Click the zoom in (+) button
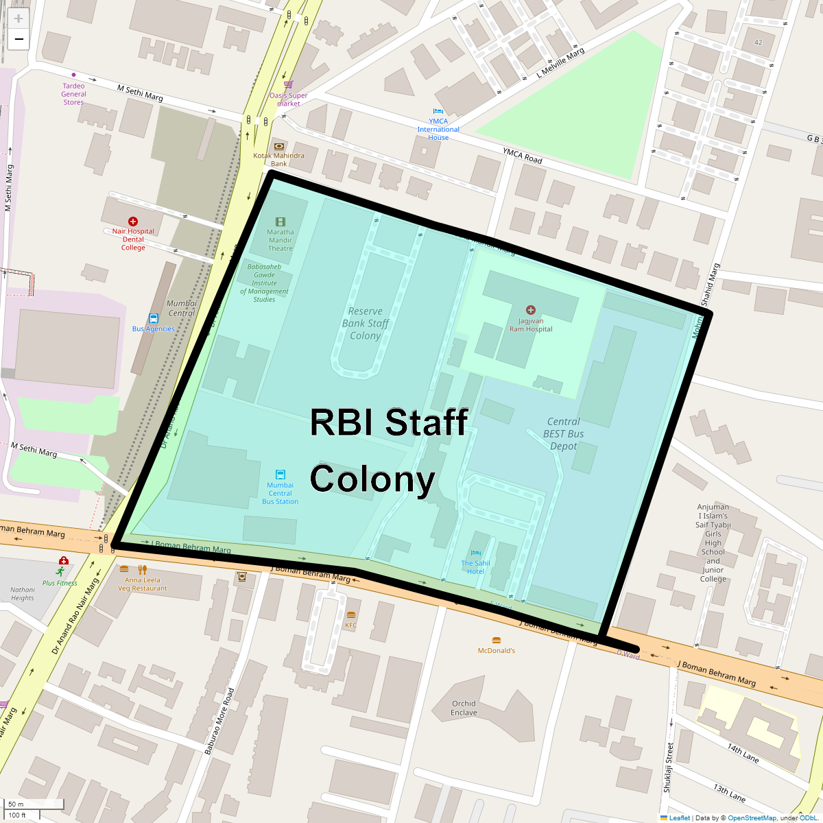tap(19, 19)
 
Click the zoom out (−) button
tap(19, 39)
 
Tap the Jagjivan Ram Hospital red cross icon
tap(530, 311)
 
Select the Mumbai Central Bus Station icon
tap(280, 475)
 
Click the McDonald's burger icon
tap(496, 641)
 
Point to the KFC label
tap(351, 625)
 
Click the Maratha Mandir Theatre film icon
tap(280, 222)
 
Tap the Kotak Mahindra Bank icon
tap(278, 146)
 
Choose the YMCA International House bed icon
tap(438, 111)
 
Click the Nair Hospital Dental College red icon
tap(133, 222)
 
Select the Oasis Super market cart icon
tap(288, 85)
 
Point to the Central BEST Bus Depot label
tap(564, 433)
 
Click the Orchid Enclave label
tap(464, 708)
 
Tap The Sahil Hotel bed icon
tap(476, 553)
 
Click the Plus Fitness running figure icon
tap(60, 571)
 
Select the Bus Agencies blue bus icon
tap(154, 318)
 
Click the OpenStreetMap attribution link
tap(752, 818)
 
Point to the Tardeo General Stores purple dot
tap(73, 75)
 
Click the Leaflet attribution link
tap(679, 818)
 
